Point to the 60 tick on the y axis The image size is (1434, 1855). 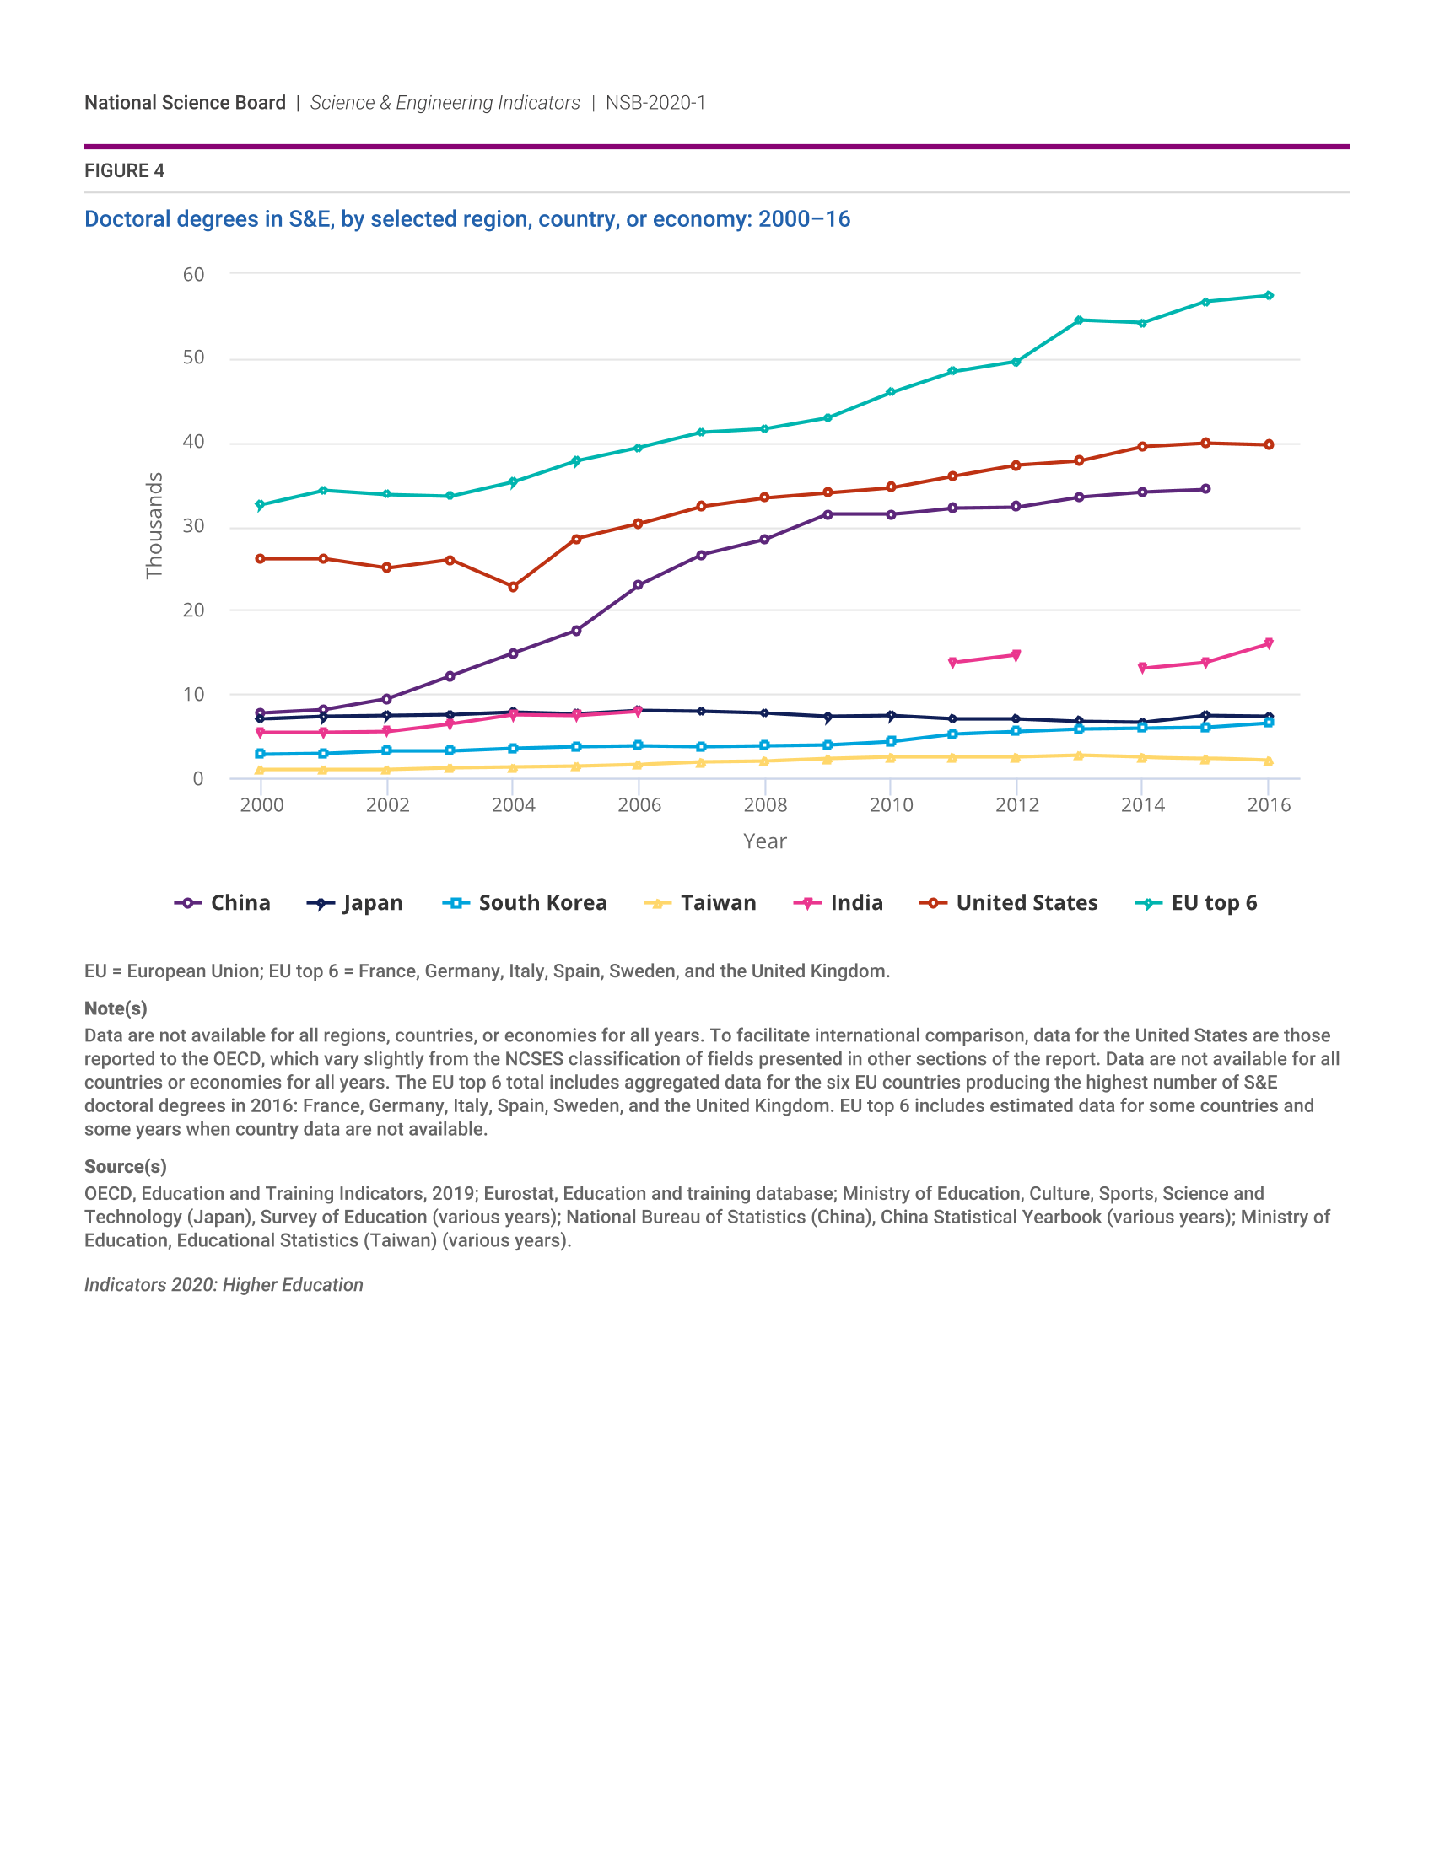[194, 274]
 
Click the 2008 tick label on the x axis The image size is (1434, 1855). [764, 805]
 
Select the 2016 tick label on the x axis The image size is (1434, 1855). [1269, 805]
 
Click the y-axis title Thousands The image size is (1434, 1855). [154, 526]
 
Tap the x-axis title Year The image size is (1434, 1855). [764, 841]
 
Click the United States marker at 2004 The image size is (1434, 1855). [513, 587]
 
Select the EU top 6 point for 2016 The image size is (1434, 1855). [1269, 296]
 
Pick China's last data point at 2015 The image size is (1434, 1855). [1205, 489]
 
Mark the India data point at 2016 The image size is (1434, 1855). [1269, 644]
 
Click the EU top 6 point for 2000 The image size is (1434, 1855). [261, 505]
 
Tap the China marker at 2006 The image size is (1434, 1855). [638, 585]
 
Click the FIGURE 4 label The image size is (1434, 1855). [124, 170]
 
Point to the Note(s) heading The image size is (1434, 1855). [116, 1008]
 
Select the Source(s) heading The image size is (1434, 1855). [125, 1166]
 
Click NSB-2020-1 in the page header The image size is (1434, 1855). [655, 103]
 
